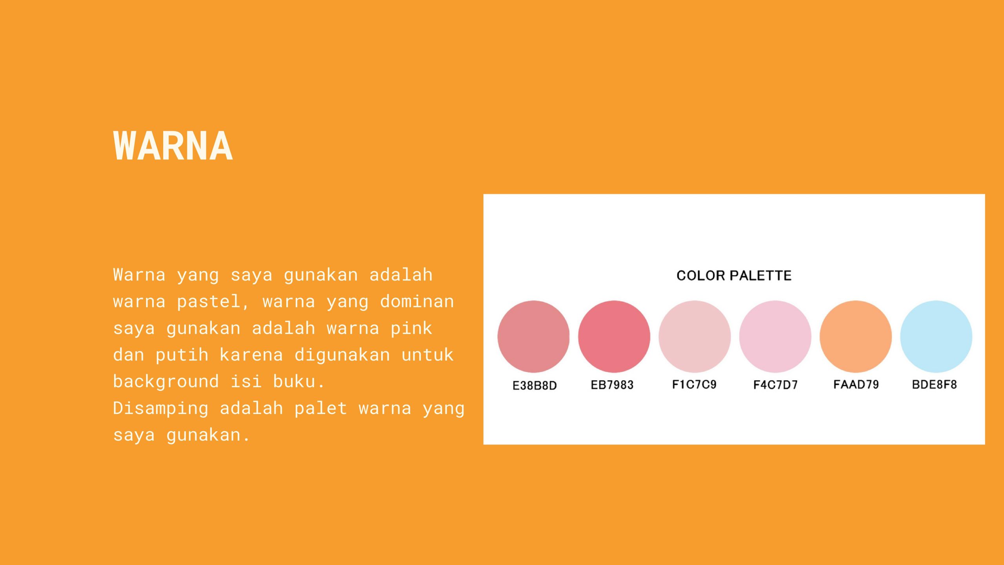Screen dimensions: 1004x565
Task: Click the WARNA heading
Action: [173, 146]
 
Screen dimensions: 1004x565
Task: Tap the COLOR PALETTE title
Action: [734, 275]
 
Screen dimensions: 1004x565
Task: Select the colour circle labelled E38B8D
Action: [533, 337]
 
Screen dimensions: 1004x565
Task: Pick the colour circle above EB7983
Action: [614, 337]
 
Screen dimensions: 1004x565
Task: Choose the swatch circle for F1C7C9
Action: [695, 337]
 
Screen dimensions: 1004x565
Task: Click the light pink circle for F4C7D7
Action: [775, 337]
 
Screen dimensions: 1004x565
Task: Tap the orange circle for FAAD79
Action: [856, 337]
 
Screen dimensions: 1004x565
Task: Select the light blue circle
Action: [936, 337]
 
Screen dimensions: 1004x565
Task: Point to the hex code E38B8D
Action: [535, 385]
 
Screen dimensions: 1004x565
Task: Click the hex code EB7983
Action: [612, 385]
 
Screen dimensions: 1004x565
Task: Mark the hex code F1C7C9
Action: [694, 385]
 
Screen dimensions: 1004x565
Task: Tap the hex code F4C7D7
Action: [775, 385]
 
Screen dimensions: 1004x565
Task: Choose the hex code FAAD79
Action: [856, 385]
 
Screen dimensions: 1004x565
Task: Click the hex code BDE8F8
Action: [935, 385]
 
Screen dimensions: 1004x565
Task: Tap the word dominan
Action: [417, 301]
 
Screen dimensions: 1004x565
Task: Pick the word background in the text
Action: [166, 381]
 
